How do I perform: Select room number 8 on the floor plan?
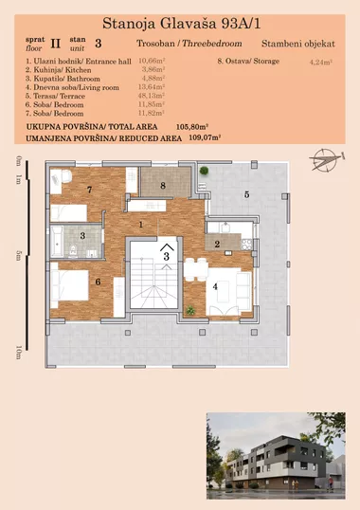tap(163, 186)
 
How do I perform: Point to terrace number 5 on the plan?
tap(245, 194)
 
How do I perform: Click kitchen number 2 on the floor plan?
tap(217, 245)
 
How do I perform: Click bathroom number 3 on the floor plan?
tap(83, 236)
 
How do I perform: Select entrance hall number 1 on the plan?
tap(141, 225)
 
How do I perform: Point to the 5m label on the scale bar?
tap(17, 255)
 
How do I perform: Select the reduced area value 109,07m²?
tap(204, 137)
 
